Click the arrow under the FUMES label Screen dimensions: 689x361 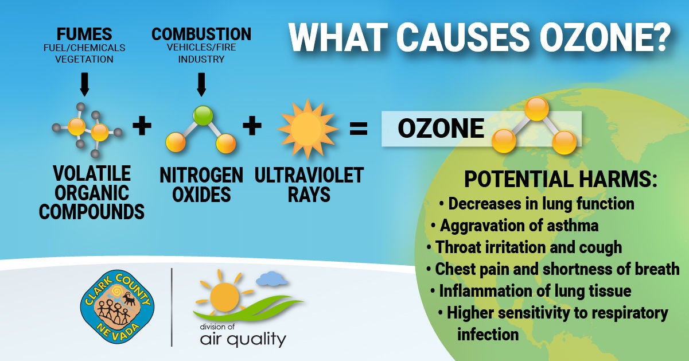coord(84,84)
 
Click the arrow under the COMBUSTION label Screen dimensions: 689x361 coord(201,84)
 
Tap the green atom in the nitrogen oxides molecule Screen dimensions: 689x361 coord(203,115)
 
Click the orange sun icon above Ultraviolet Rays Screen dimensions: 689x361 coord(307,129)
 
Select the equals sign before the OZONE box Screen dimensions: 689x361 coord(359,129)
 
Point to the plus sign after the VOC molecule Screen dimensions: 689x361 coord(142,126)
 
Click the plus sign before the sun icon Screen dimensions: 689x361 coord(252,126)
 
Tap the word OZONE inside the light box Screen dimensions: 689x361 coord(441,129)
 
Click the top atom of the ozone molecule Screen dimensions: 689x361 coord(536,108)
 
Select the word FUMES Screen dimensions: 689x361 coord(84,34)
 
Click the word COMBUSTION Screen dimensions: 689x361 coord(201,34)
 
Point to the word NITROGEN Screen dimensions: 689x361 coord(201,175)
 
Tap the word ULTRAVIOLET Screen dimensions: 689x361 coord(309,175)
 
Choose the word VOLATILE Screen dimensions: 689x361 coord(92,173)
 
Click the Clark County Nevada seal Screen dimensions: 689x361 coord(117,306)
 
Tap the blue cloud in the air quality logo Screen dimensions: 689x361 coord(272,278)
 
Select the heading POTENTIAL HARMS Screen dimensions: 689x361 coord(560,179)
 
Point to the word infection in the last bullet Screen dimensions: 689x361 coord(488,334)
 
